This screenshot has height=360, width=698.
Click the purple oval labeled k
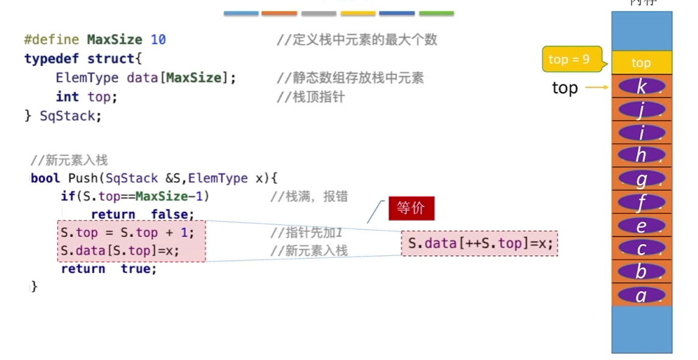pyautogui.click(x=641, y=86)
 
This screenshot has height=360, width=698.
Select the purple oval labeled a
pyautogui.click(x=641, y=295)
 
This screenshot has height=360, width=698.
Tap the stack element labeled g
pyautogui.click(x=641, y=180)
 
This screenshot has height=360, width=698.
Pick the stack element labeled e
pyautogui.click(x=641, y=226)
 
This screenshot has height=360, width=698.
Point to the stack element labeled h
pyautogui.click(x=641, y=155)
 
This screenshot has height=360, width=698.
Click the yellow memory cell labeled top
pyautogui.click(x=641, y=63)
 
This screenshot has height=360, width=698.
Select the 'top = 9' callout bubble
pyautogui.click(x=570, y=59)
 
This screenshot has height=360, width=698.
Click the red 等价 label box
pyautogui.click(x=411, y=208)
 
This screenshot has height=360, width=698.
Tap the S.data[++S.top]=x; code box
pyautogui.click(x=480, y=244)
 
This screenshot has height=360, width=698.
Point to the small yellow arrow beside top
pyautogui.click(x=597, y=88)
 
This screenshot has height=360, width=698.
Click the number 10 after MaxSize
pyautogui.click(x=158, y=40)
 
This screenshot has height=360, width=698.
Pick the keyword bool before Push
pyautogui.click(x=46, y=178)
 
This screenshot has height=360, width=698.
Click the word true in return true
pyautogui.click(x=138, y=269)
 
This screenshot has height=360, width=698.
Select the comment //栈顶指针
pyautogui.click(x=311, y=97)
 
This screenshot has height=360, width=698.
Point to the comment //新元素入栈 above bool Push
pyautogui.click(x=69, y=160)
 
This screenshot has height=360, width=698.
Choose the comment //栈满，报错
pyautogui.click(x=309, y=196)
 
